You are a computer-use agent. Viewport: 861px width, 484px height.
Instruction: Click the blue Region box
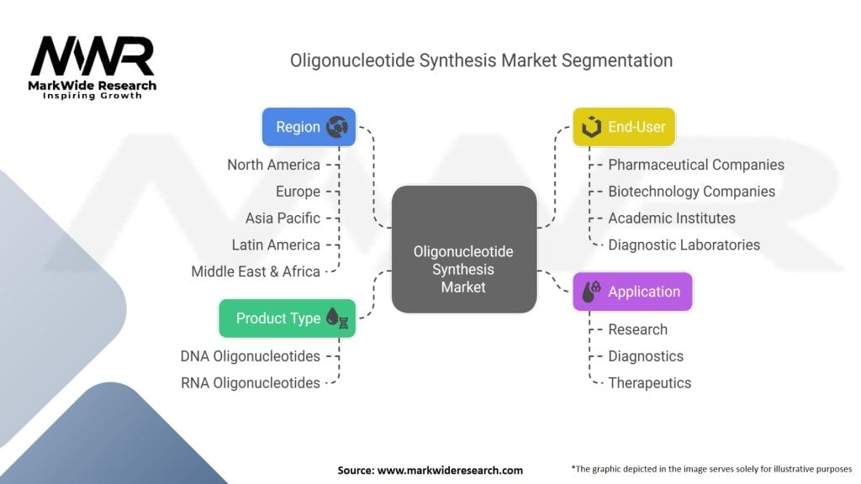click(x=309, y=127)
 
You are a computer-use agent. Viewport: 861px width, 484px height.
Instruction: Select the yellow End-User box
click(x=624, y=127)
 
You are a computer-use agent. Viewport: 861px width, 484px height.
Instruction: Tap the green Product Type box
click(x=287, y=318)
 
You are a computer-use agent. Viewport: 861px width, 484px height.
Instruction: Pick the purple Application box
click(x=632, y=292)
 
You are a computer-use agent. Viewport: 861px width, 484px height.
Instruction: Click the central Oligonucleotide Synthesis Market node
click(x=463, y=269)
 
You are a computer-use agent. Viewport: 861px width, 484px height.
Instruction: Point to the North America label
click(x=273, y=165)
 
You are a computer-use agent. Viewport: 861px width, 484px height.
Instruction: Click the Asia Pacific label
click(x=283, y=218)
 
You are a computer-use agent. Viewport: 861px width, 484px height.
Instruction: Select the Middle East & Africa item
click(x=256, y=271)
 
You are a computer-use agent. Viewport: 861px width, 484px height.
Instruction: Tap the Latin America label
click(x=276, y=245)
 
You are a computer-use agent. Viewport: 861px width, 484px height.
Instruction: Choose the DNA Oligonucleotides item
click(x=251, y=356)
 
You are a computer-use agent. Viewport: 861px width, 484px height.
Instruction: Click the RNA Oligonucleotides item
click(x=251, y=383)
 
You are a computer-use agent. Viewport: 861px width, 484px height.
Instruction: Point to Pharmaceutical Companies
click(x=696, y=165)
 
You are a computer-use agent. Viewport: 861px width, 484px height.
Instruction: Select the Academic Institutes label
click(x=672, y=218)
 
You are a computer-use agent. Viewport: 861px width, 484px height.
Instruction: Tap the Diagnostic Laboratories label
click(x=684, y=245)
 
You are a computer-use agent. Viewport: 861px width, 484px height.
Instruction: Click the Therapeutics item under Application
click(x=649, y=383)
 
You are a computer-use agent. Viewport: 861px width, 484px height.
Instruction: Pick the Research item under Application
click(x=637, y=329)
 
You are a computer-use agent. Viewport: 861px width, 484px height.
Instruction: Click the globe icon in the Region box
click(x=337, y=127)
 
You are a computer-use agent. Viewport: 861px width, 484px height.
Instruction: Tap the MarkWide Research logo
click(x=92, y=67)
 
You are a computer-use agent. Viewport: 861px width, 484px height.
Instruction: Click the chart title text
click(x=481, y=60)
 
